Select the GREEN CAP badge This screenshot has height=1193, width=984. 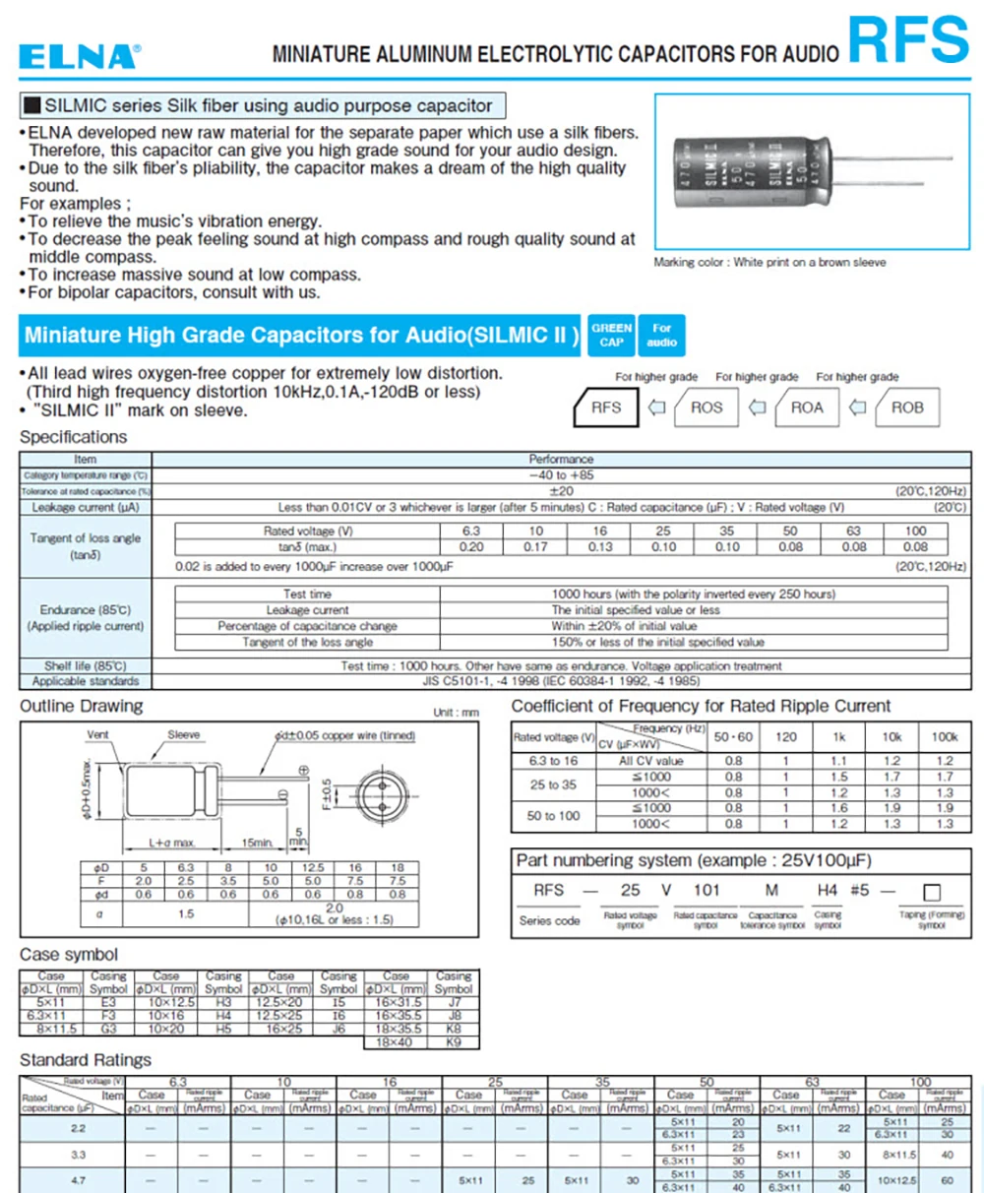click(x=611, y=336)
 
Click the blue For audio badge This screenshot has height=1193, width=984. click(x=661, y=336)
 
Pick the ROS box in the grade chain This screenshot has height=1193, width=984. click(x=707, y=408)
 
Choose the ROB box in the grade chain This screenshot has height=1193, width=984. click(x=906, y=408)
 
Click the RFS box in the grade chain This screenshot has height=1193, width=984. click(x=606, y=408)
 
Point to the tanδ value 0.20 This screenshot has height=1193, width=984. click(x=471, y=547)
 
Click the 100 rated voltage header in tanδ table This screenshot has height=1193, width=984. click(x=915, y=532)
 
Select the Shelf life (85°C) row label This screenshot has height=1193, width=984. click(x=86, y=666)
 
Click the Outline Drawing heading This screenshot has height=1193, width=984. click(x=82, y=706)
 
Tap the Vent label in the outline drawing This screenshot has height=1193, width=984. click(x=97, y=735)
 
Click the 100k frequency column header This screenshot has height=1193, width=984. click(x=944, y=736)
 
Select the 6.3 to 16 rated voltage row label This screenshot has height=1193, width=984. click(x=553, y=761)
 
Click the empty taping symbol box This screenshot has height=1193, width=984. click(x=932, y=893)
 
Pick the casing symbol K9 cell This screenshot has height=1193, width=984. click(x=454, y=1041)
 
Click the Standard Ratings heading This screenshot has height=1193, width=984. click(x=86, y=1060)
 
